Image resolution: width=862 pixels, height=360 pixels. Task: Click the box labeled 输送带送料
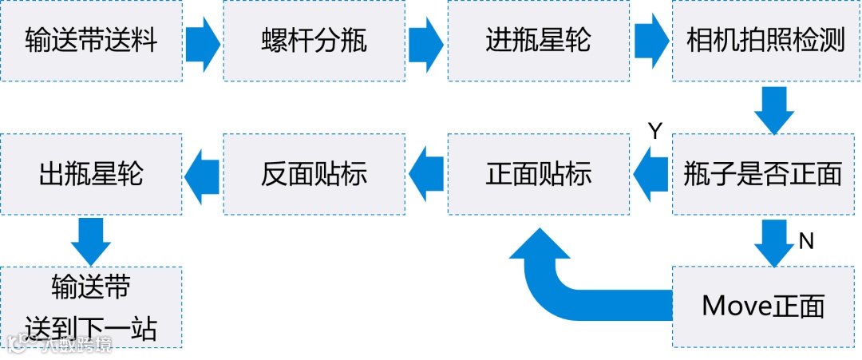pos(91,41)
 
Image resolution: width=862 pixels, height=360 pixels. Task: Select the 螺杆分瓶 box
pos(314,41)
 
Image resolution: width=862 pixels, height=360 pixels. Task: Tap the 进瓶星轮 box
pos(539,41)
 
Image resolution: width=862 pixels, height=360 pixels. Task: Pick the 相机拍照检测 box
pos(765,41)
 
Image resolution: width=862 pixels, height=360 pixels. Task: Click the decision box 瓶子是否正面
pos(765,174)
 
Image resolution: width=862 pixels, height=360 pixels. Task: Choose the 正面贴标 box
pos(539,174)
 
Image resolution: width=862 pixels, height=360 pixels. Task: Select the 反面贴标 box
pos(314,174)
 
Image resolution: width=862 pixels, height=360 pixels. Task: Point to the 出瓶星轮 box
pos(91,174)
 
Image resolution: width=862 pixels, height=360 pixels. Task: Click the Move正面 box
pos(765,307)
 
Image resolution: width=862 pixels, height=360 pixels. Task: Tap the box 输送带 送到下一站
pos(91,307)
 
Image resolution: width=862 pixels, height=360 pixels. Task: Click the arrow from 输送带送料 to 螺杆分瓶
pos(203,41)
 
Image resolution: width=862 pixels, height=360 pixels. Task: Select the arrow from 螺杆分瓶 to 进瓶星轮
pos(426,41)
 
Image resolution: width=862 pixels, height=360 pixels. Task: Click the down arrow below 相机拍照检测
pos(773,109)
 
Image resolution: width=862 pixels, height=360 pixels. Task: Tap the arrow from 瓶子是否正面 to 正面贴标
pos(651,174)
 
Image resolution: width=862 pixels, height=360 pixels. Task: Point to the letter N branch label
pos(806,240)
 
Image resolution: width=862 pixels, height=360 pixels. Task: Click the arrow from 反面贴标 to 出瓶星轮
pos(203,174)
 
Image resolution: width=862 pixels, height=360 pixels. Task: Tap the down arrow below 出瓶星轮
pos(91,240)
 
